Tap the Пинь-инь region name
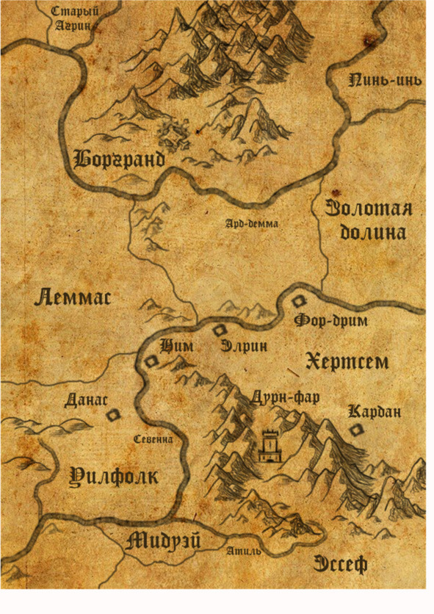(386, 80)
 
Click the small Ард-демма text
(251, 225)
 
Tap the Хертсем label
(347, 361)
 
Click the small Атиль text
(244, 550)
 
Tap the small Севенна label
(153, 439)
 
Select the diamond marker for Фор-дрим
(299, 301)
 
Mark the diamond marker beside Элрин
(219, 331)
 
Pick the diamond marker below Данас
(113, 416)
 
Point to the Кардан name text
(375, 412)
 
